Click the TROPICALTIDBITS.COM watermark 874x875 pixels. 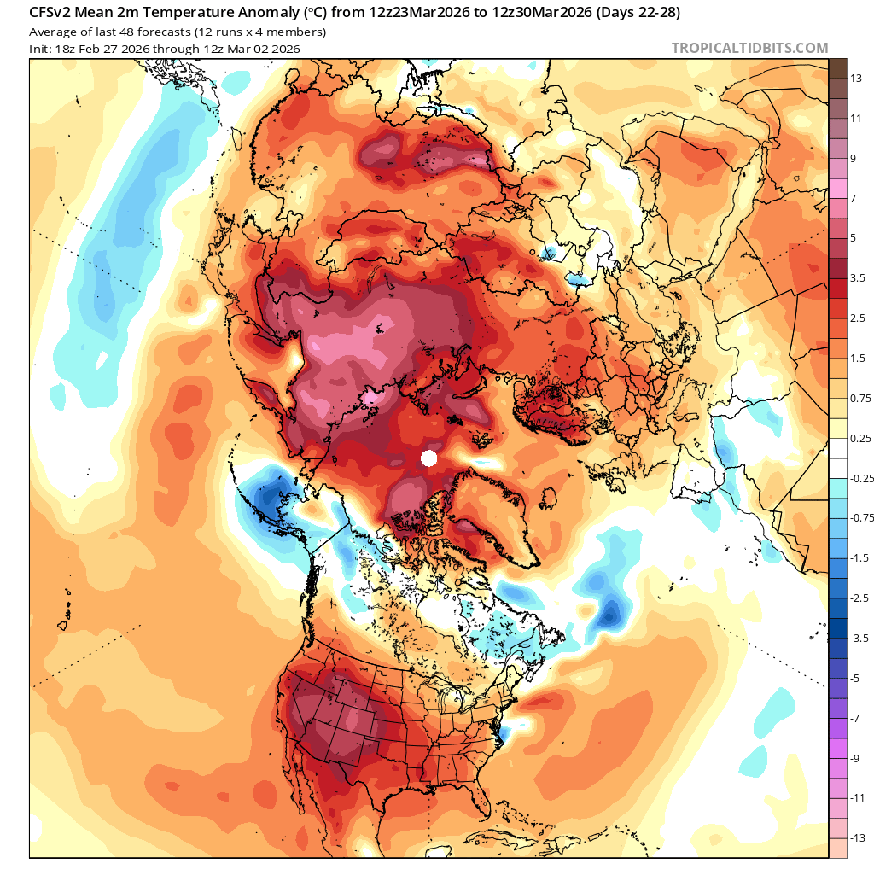click(x=749, y=49)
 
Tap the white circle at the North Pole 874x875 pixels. click(x=429, y=458)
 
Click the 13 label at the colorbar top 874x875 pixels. click(x=855, y=78)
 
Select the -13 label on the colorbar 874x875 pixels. click(x=858, y=837)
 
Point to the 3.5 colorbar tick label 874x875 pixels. click(x=858, y=277)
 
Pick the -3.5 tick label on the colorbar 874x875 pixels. click(x=860, y=638)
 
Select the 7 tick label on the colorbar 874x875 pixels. click(x=853, y=198)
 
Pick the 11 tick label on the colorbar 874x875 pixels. click(x=855, y=118)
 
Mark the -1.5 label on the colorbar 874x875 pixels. click(x=860, y=557)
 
